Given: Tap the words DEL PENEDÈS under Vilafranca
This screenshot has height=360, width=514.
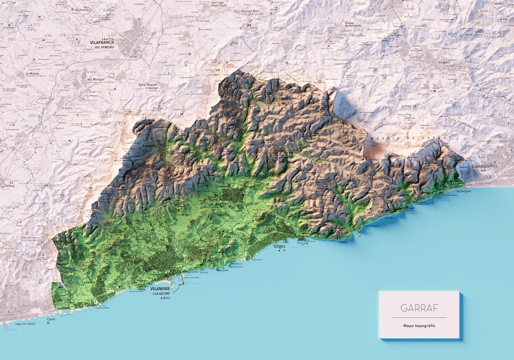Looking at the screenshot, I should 104,47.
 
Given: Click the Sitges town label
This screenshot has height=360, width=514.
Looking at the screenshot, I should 280,246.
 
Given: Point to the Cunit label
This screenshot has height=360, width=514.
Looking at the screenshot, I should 52,319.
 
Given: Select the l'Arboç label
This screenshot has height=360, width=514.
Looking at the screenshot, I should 7,186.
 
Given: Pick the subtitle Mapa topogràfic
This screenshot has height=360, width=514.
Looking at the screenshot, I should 418,325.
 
